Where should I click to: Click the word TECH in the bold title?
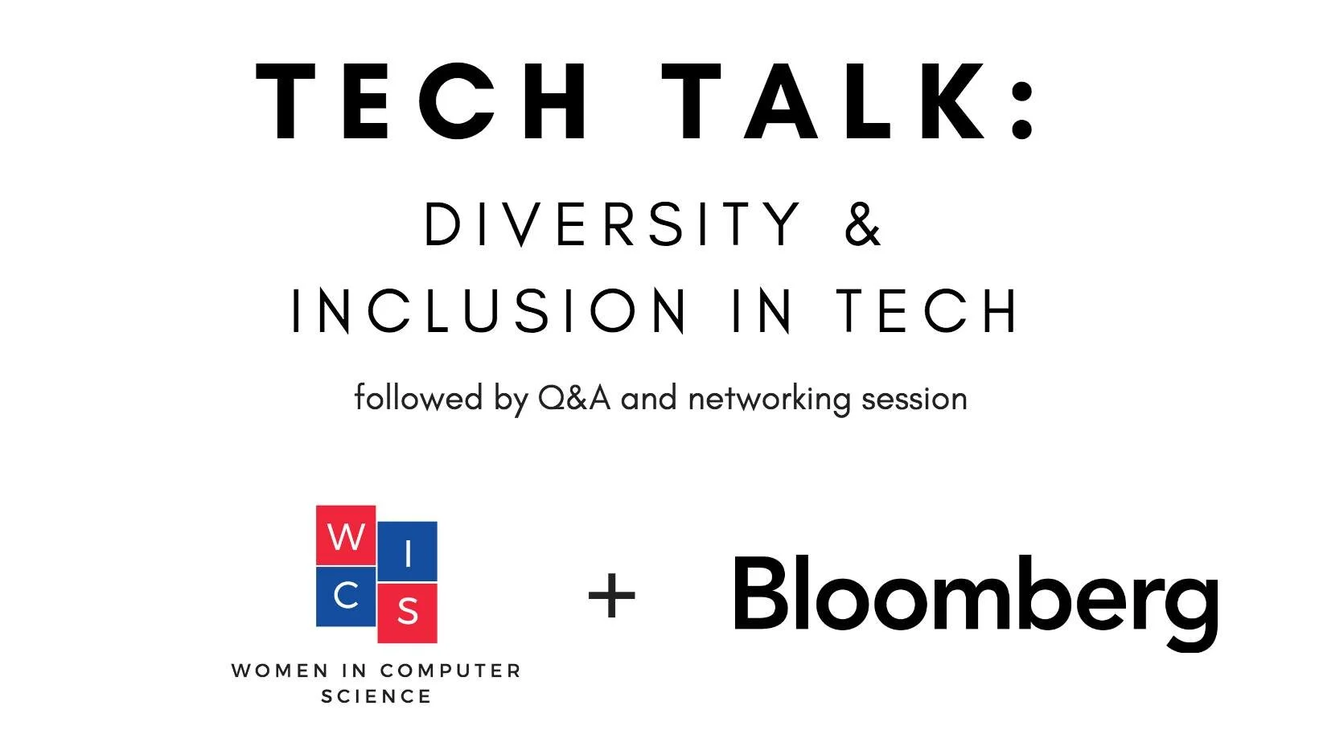click(424, 102)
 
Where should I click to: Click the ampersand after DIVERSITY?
click(863, 224)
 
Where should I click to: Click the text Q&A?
click(573, 398)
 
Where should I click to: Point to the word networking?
click(769, 399)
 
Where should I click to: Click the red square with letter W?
click(346, 535)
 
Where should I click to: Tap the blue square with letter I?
click(408, 552)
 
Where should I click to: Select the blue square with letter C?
click(346, 596)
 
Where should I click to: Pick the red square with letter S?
click(408, 612)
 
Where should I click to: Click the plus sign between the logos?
click(612, 597)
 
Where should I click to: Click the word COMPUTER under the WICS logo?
click(450, 671)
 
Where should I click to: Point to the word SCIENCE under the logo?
click(376, 696)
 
